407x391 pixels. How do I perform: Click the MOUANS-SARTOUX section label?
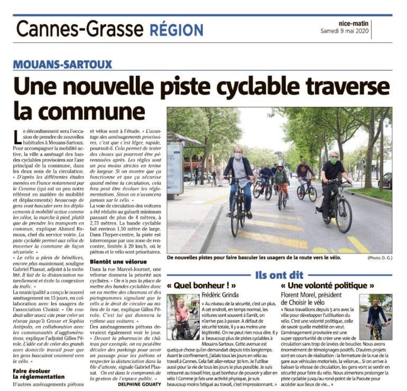tap(63, 65)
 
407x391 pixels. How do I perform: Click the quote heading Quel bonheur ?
tap(195, 286)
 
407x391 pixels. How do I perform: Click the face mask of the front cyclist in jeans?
tap(238, 157)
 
